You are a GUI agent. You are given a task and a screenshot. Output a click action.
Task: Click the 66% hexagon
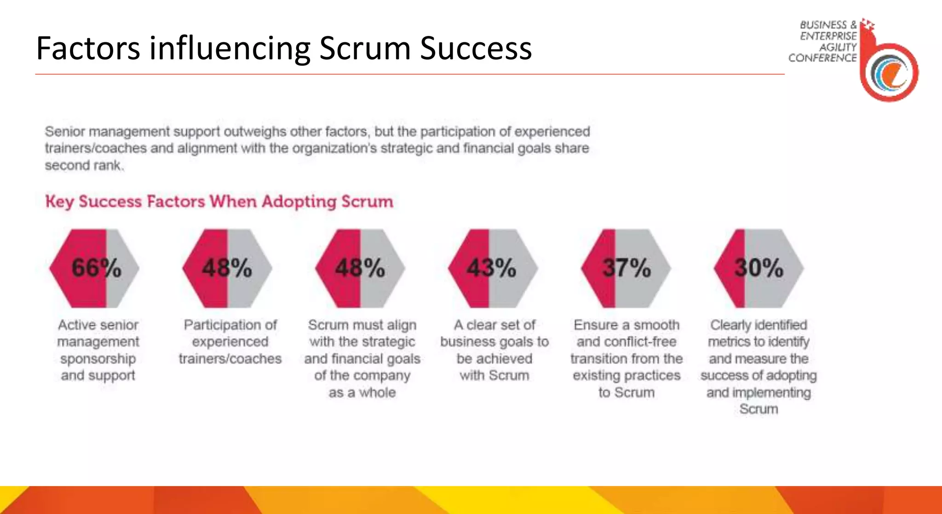(x=94, y=268)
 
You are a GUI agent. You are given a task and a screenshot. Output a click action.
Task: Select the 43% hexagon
(x=493, y=268)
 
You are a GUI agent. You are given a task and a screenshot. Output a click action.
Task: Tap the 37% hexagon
(x=626, y=268)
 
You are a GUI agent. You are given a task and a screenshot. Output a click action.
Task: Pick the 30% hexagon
(x=758, y=268)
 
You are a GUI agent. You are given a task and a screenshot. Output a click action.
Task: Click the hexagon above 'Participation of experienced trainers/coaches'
(x=227, y=268)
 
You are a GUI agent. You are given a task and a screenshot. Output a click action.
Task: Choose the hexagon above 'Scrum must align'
(x=360, y=268)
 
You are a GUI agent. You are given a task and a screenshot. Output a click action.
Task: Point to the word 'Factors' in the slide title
(x=88, y=48)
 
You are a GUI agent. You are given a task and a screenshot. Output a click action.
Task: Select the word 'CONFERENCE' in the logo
(x=822, y=58)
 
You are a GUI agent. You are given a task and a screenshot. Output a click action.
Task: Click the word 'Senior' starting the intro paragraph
(x=65, y=132)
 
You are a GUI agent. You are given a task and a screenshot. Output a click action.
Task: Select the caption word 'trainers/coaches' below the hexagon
(x=230, y=359)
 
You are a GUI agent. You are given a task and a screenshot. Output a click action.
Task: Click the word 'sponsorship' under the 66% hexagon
(x=98, y=359)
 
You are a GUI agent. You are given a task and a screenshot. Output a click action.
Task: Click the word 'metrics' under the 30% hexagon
(x=729, y=342)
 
